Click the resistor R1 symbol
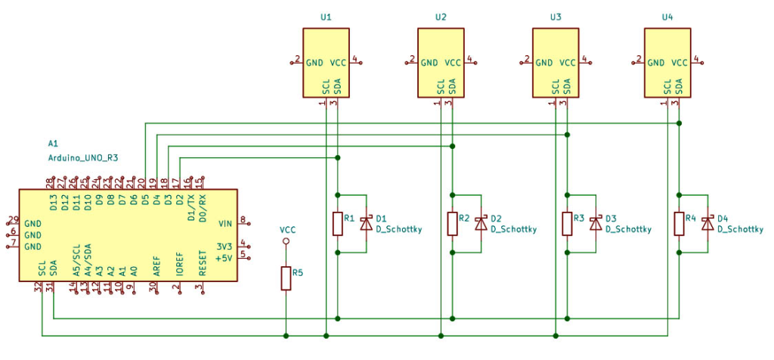(337, 224)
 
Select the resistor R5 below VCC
(286, 278)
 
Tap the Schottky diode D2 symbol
(480, 224)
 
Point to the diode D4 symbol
(707, 224)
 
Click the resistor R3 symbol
(567, 224)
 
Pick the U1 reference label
(326, 17)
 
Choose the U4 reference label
(667, 17)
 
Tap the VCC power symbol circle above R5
(286, 241)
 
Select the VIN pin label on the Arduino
(225, 224)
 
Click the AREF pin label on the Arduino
(156, 264)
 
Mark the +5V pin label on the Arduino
(224, 258)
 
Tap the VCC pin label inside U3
(567, 64)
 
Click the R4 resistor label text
(690, 218)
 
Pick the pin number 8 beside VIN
(243, 220)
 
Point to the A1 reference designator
(52, 143)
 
